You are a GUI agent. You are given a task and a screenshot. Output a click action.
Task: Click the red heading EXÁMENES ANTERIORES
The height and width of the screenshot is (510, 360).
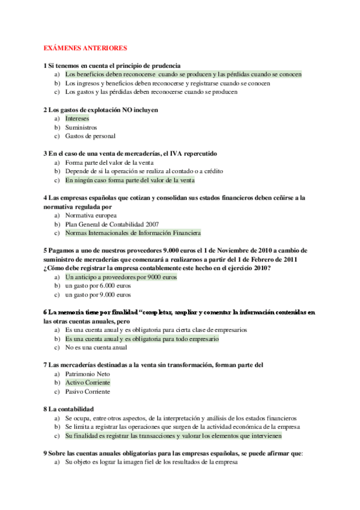[x=85, y=48]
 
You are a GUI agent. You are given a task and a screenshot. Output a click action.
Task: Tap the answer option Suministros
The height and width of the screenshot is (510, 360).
[x=81, y=127]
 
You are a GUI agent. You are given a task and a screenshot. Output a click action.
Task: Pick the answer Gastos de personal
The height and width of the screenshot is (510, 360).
[x=91, y=136]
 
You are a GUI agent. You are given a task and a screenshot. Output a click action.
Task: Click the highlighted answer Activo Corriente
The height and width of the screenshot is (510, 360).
[x=88, y=382]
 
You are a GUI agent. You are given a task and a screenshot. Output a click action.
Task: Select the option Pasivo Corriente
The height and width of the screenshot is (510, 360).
[x=88, y=392]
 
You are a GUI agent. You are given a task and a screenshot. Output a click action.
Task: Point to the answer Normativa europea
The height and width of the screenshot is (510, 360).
[x=91, y=215]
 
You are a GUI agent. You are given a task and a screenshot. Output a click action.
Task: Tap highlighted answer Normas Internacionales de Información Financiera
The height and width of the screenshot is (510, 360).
[x=133, y=233]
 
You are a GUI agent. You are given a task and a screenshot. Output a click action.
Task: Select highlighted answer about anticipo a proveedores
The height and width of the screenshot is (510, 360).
[x=121, y=277]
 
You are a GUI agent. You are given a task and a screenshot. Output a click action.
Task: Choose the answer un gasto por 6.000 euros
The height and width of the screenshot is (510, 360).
[x=97, y=286]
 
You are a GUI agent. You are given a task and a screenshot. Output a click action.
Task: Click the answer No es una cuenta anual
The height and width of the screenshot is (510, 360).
[x=96, y=348]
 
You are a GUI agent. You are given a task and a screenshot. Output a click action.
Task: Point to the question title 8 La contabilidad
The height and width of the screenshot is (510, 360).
[x=69, y=409]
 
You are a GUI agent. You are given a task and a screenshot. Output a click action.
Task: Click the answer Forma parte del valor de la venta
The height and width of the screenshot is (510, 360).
[x=109, y=162]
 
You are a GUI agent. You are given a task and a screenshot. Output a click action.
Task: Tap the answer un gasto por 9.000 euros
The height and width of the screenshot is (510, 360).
[x=97, y=295]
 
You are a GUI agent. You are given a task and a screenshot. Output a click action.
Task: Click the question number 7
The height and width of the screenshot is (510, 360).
[x=46, y=365]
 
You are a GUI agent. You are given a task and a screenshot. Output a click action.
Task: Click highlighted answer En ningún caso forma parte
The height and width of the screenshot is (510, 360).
[x=130, y=180]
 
